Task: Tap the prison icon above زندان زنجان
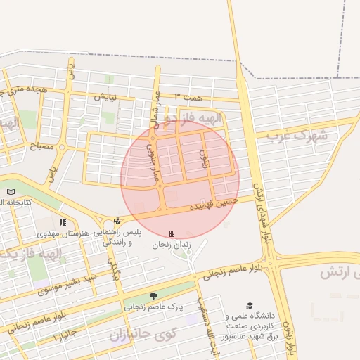pyautogui.click(x=172, y=233)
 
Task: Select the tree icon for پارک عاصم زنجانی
pyautogui.click(x=153, y=295)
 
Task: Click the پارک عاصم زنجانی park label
pyautogui.click(x=153, y=307)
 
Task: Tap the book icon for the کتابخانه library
pyautogui.click(x=10, y=191)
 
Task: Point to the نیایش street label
pyautogui.click(x=103, y=95)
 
